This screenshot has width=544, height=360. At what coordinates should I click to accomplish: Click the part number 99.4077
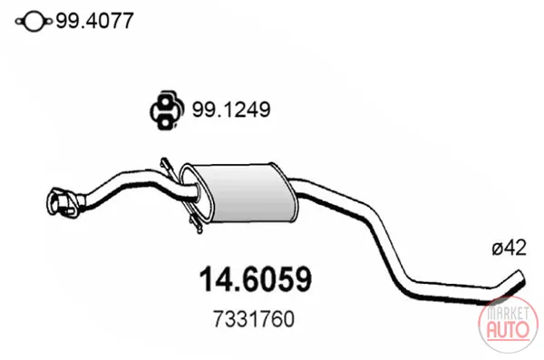[94, 21]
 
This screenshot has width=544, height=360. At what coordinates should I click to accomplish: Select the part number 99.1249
[231, 110]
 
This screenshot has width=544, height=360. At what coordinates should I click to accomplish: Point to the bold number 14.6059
[256, 279]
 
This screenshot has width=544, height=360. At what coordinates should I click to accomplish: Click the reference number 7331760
[254, 319]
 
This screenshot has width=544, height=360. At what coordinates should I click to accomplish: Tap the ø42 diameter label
[509, 248]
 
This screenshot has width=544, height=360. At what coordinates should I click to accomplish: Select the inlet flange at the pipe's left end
[62, 203]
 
